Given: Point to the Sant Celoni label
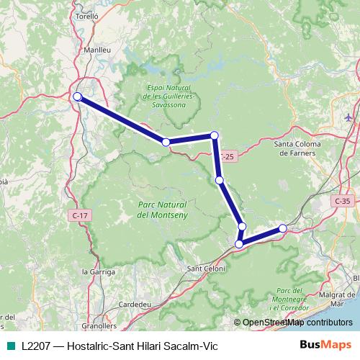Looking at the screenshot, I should click(206, 269).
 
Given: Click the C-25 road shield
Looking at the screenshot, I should click(228, 156).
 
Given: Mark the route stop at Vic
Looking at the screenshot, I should click(77, 96).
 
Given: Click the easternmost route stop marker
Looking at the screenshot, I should click(283, 228).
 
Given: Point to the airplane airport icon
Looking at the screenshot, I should click(348, 116).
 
